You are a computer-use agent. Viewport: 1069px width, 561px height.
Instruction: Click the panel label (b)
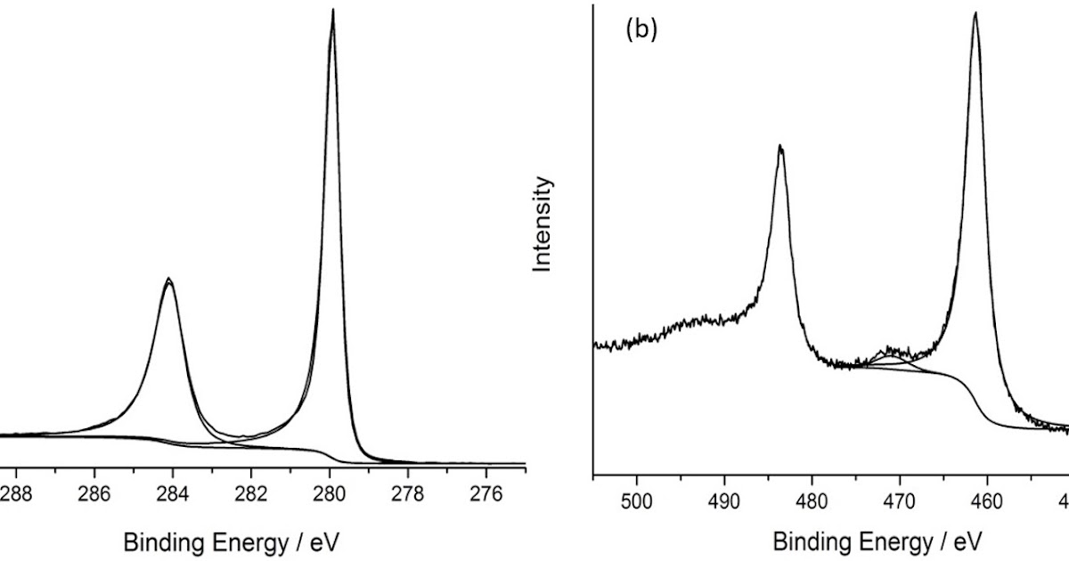point(641,29)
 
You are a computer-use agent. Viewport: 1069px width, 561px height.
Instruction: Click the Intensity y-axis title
point(542,224)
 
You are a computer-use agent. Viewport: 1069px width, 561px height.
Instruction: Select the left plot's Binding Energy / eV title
point(232,541)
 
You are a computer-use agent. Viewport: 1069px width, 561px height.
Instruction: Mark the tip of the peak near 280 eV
point(333,11)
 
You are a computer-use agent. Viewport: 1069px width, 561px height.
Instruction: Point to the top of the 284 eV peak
point(168,280)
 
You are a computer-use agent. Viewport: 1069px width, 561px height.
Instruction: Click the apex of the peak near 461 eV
point(975,12)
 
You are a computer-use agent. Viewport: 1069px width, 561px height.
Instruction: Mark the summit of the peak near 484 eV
point(780,146)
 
